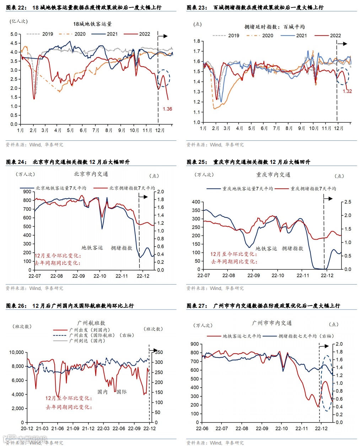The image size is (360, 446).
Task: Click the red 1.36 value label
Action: (167, 109)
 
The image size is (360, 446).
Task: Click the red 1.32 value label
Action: (347, 91)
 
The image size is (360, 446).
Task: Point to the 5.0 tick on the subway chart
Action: (14, 34)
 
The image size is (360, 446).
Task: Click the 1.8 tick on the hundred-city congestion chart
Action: (197, 41)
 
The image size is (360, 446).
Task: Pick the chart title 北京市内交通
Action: (91, 174)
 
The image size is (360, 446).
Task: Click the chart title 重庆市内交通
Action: (273, 175)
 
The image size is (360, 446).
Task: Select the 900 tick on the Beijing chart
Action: (27, 192)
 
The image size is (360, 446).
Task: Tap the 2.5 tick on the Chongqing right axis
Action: (348, 202)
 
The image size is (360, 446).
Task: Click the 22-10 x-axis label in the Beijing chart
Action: (100, 276)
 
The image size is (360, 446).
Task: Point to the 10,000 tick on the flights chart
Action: (16, 353)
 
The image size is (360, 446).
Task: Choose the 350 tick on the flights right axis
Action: (159, 353)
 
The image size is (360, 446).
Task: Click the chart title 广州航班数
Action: (91, 323)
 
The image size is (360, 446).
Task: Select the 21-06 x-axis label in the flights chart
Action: (58, 429)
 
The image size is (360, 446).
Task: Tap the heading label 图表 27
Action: (197, 306)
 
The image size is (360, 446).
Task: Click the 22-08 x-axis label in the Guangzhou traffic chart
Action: (242, 429)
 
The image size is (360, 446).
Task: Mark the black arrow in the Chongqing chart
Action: (328, 198)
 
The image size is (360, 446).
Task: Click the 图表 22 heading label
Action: (16, 7)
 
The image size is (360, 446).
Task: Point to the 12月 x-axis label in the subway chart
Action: (160, 130)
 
